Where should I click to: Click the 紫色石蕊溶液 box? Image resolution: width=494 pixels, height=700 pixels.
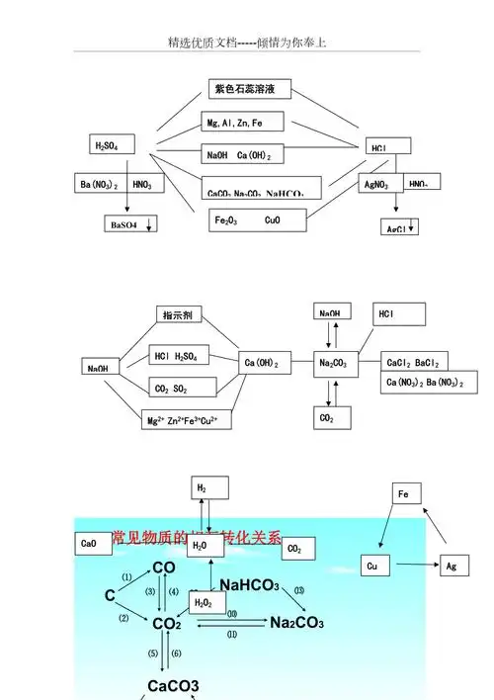click(251, 90)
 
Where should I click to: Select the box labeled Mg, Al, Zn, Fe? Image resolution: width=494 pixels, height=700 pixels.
click(243, 123)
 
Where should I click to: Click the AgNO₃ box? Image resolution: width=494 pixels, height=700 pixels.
click(378, 184)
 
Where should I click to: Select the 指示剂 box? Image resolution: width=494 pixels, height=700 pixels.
click(181, 314)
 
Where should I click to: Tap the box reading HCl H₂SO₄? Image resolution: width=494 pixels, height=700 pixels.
click(179, 355)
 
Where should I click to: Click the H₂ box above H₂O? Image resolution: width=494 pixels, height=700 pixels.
click(208, 488)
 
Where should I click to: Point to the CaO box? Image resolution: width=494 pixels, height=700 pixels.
click(92, 543)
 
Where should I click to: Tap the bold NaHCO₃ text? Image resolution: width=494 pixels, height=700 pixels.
click(249, 584)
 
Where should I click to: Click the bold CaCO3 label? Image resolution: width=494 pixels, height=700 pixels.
click(173, 685)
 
